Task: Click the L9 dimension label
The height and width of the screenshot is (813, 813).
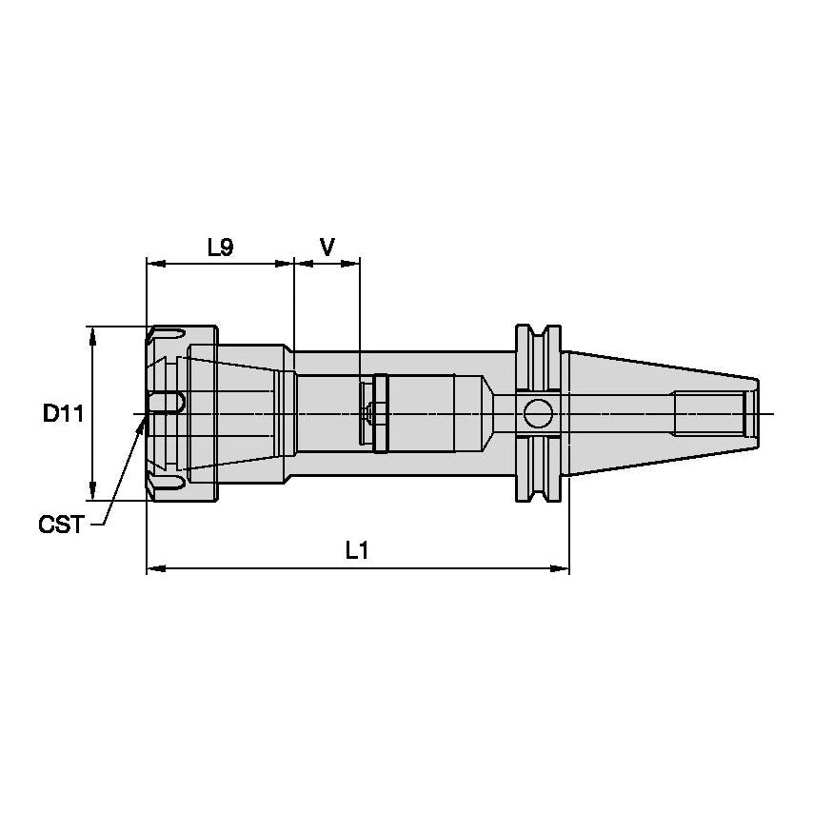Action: click(x=220, y=248)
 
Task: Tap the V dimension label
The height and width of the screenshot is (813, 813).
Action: click(x=327, y=248)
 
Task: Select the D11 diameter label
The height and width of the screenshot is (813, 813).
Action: click(x=64, y=413)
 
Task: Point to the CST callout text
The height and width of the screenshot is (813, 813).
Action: click(x=60, y=524)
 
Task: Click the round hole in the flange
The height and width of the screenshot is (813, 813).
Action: click(x=537, y=413)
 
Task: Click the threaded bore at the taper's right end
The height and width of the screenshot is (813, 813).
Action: click(x=709, y=413)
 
